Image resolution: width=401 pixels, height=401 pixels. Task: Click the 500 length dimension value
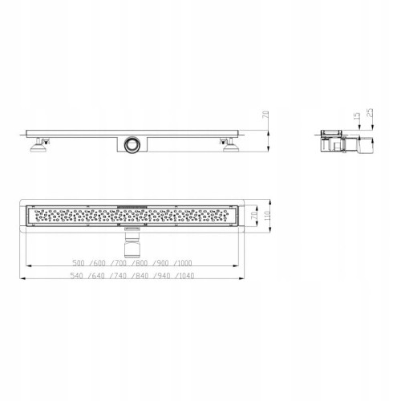79,263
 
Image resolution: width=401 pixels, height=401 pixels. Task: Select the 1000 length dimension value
184,263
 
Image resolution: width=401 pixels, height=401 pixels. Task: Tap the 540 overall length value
76,276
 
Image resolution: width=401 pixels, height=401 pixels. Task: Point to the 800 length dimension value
141,263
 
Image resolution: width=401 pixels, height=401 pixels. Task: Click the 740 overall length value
120,276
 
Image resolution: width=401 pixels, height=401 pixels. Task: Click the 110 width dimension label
267,216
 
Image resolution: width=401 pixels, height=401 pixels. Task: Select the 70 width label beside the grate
255,216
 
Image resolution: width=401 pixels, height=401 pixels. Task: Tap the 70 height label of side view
265,115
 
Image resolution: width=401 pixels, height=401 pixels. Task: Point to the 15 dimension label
357,117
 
